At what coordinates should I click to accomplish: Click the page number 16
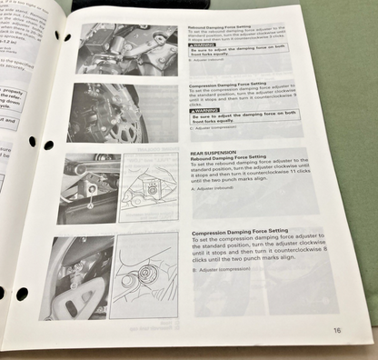(336, 331)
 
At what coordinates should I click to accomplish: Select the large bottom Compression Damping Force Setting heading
(244, 235)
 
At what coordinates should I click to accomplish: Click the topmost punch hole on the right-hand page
(67, 37)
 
